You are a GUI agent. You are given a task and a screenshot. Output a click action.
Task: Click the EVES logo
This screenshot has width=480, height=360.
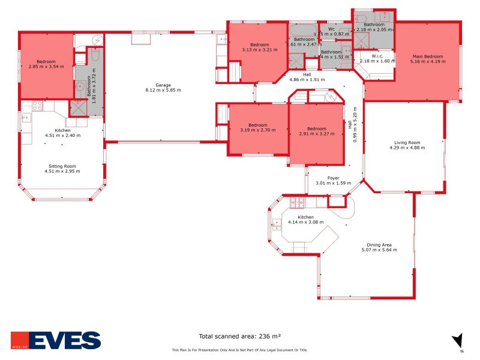pos(56,340)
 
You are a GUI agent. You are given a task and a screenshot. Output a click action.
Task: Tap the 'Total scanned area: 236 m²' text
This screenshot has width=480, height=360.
pos(240,337)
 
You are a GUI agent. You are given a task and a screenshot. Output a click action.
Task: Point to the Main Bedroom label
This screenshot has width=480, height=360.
pos(427,56)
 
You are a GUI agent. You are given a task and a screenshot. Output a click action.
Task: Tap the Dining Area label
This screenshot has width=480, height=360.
pos(379,245)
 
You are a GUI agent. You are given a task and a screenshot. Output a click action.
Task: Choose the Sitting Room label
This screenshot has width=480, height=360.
pos(62,166)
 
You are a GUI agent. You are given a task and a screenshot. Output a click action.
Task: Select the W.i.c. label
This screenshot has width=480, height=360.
pos(377,56)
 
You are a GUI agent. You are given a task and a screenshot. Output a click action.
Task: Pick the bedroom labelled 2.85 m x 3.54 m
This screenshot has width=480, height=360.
pos(46,64)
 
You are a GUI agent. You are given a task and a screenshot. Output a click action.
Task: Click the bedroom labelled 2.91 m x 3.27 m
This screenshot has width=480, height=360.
pos(316,131)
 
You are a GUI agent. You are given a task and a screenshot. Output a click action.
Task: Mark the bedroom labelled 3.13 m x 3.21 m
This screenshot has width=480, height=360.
pos(259,47)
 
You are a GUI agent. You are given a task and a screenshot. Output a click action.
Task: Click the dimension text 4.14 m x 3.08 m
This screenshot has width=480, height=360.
pos(305,222)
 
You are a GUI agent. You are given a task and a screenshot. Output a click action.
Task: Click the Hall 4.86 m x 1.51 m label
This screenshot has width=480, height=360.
pos(307,77)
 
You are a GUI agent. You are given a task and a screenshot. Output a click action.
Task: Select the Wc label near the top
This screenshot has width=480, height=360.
pos(331,29)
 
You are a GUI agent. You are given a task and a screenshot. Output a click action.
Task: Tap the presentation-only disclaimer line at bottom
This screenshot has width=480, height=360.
pos(239,349)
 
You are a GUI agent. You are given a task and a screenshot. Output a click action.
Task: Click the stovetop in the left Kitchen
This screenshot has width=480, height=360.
pos(37,106)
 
